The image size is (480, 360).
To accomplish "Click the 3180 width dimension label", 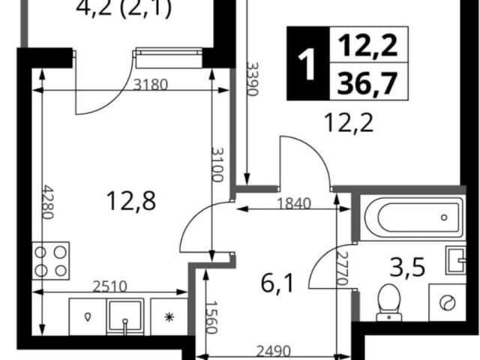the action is pos(151,84).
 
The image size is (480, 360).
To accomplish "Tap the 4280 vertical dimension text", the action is pos(48,202).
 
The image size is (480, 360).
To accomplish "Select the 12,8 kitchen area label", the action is pos(131,200).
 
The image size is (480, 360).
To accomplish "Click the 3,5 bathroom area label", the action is pos(407,267).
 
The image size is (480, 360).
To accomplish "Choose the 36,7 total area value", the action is pos(367,82).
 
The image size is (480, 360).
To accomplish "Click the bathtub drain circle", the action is pos(444,217).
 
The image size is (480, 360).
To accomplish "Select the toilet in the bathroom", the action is pos(388,302).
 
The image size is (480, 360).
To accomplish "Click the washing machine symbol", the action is pos(447,303).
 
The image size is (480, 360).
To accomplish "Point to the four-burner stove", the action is pos(51,261).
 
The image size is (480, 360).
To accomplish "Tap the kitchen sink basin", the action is pos(125,316).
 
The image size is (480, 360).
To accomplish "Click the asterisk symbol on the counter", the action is pos(169,316).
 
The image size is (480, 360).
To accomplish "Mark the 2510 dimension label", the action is pos(109,286).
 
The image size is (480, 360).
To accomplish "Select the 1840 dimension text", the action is pos(294,203).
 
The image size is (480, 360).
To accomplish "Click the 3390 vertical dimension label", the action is pos(253,79).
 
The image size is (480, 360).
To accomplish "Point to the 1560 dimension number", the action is pos(211,317).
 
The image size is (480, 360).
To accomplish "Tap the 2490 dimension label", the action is pos(273,352).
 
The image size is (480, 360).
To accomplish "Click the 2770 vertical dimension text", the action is pos(342,268).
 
